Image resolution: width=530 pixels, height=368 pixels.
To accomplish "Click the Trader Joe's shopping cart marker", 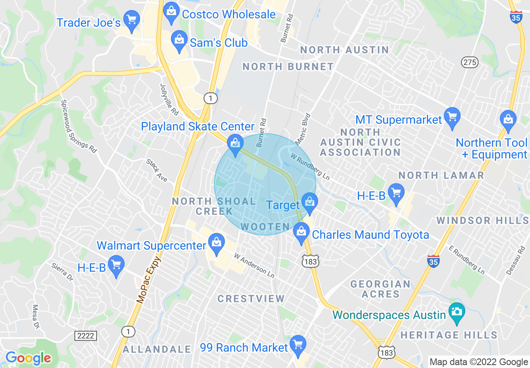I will click(132, 20).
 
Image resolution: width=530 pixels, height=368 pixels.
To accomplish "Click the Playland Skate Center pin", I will click(235, 143).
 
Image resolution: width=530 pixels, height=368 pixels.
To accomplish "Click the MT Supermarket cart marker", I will click(452, 116).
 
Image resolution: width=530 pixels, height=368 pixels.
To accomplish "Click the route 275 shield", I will click(470, 62).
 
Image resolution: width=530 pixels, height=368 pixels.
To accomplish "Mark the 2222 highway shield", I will click(86, 335).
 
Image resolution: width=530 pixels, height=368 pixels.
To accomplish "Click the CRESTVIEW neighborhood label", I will click(251, 299).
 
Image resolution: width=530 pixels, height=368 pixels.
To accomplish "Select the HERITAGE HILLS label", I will click(449, 335).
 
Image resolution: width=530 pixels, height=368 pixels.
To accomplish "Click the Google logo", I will click(28, 358).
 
